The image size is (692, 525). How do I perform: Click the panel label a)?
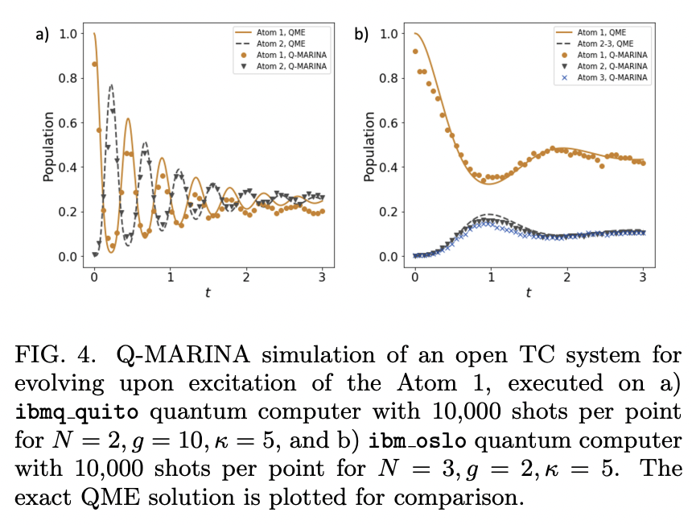coord(41,34)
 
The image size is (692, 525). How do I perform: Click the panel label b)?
coord(361,34)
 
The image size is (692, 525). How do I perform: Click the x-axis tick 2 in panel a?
coord(246,277)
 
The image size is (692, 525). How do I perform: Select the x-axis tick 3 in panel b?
coord(642,277)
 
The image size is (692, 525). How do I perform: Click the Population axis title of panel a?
coord(49,146)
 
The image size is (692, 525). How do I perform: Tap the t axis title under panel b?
coord(528,293)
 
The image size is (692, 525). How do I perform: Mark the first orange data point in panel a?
coord(95,64)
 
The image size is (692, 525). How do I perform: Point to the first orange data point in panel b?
coord(414,52)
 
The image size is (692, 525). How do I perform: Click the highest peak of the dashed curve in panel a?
coord(111,85)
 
